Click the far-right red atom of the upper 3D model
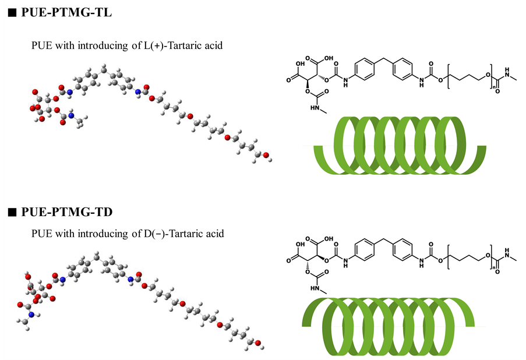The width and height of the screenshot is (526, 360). pyautogui.click(x=266, y=156)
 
